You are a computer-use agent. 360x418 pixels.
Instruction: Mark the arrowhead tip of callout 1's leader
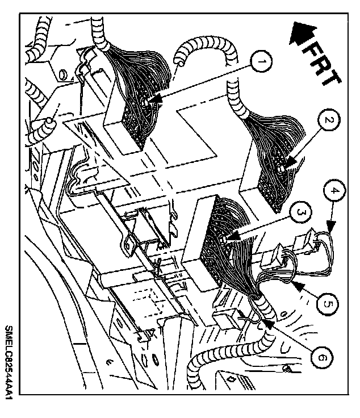point(152,103)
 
